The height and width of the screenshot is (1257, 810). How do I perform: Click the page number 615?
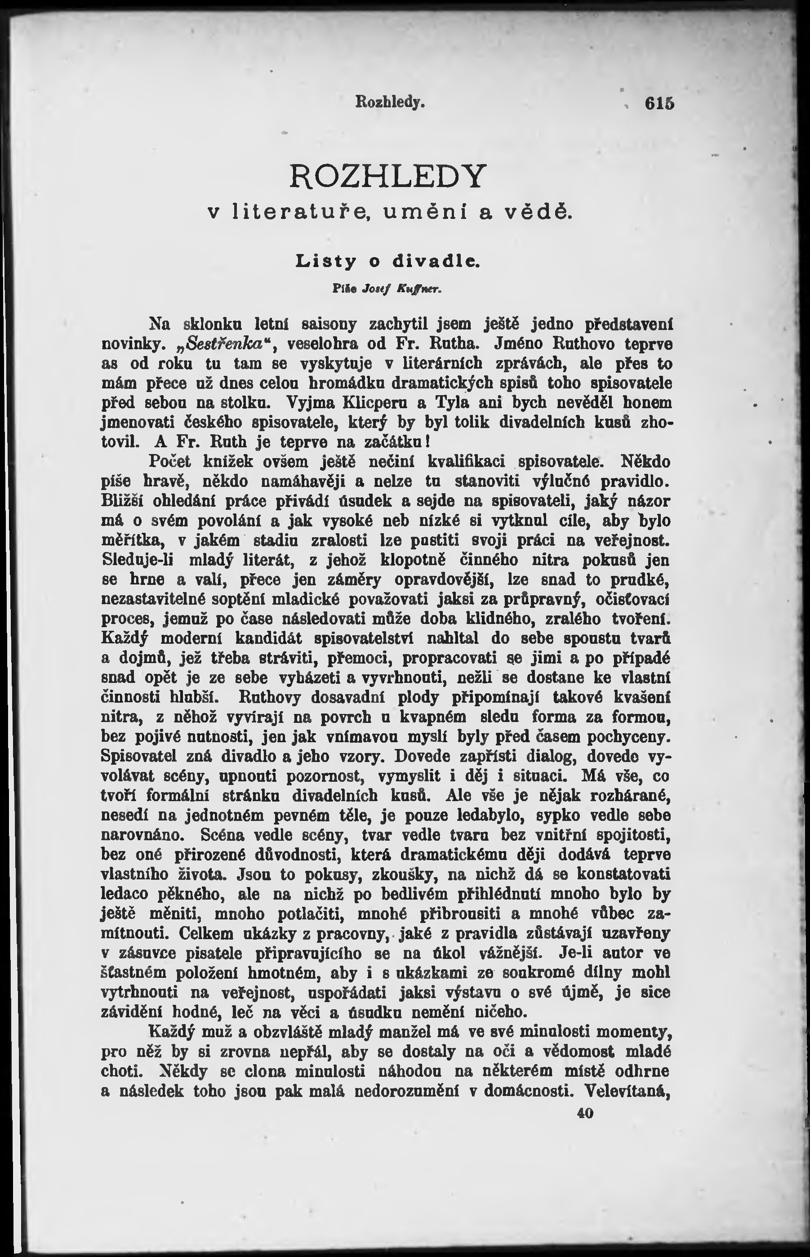(659, 103)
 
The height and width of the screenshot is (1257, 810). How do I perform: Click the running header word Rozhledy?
(390, 101)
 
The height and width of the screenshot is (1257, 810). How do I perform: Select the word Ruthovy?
(270, 697)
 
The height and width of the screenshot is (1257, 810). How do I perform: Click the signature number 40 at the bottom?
(584, 1114)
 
